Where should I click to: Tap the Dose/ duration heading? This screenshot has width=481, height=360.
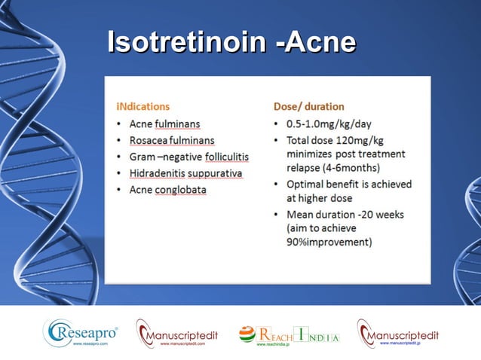pyautogui.click(x=308, y=106)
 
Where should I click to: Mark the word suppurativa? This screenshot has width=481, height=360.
pyautogui.click(x=221, y=173)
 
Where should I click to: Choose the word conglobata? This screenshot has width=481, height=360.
pyautogui.click(x=180, y=190)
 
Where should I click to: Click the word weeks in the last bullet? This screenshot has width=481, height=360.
pyautogui.click(x=390, y=215)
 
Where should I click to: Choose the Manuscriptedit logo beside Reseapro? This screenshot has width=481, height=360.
pyautogui.click(x=176, y=334)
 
